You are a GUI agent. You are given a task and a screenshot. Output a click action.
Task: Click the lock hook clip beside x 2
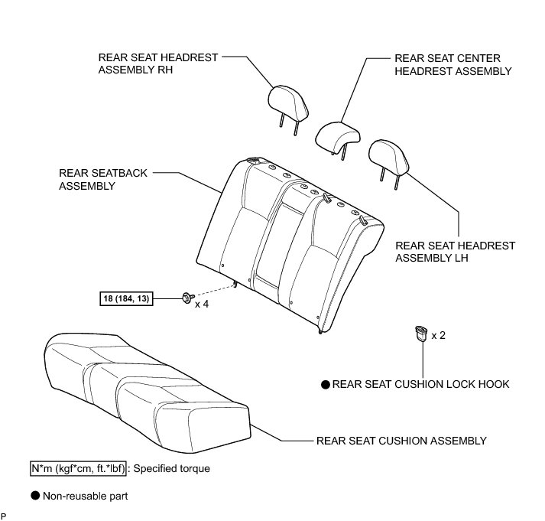[x=420, y=334]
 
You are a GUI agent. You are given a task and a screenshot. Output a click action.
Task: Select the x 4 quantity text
[x=202, y=304]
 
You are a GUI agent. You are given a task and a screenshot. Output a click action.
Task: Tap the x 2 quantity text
[x=439, y=335]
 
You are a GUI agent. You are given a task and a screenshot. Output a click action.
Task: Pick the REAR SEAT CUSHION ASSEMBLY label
[x=401, y=441]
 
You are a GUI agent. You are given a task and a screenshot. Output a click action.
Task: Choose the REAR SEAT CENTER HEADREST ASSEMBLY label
[x=453, y=64]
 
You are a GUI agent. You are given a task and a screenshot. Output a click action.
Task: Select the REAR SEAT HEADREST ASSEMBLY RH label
[x=158, y=63]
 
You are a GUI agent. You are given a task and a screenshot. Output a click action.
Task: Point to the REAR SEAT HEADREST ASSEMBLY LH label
[x=455, y=252]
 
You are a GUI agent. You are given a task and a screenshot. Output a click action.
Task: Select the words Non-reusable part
[x=85, y=496]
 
